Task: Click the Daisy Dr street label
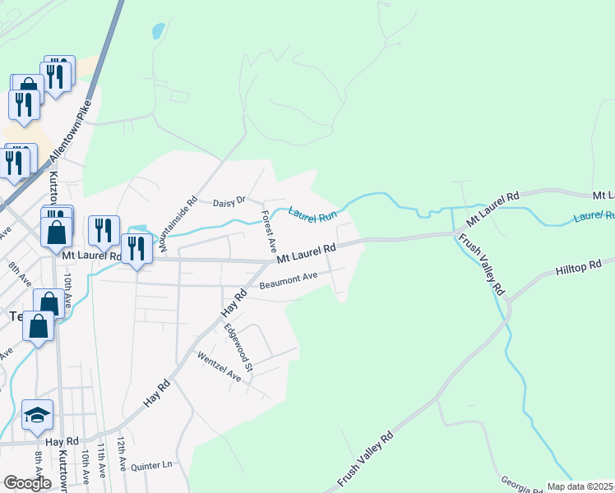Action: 229,201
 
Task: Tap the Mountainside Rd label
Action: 178,223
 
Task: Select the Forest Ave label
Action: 268,231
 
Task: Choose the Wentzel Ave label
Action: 219,366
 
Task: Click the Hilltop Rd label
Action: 578,267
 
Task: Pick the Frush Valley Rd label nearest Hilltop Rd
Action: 483,265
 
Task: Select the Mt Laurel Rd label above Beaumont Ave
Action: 306,253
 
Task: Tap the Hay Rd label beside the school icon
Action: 61,441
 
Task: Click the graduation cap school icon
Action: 37,416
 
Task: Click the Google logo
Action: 27,483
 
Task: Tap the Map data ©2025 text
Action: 580,486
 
